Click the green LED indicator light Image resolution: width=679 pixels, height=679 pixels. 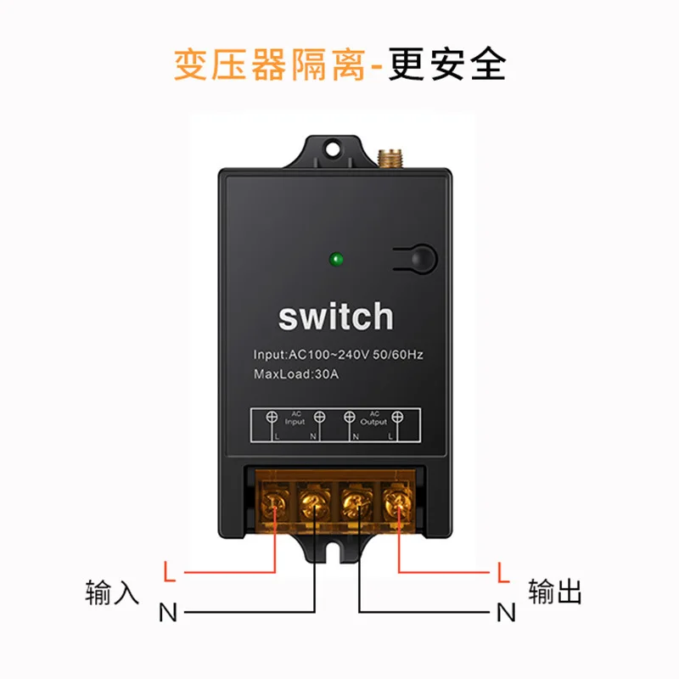pos(336,258)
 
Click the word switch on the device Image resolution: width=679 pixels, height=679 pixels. pos(336,317)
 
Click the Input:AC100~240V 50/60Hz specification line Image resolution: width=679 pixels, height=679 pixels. pos(338,354)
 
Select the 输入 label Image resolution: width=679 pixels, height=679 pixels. pos(112,592)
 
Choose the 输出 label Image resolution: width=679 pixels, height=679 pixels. pos(555,592)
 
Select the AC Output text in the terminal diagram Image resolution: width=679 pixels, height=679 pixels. pos(373,418)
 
